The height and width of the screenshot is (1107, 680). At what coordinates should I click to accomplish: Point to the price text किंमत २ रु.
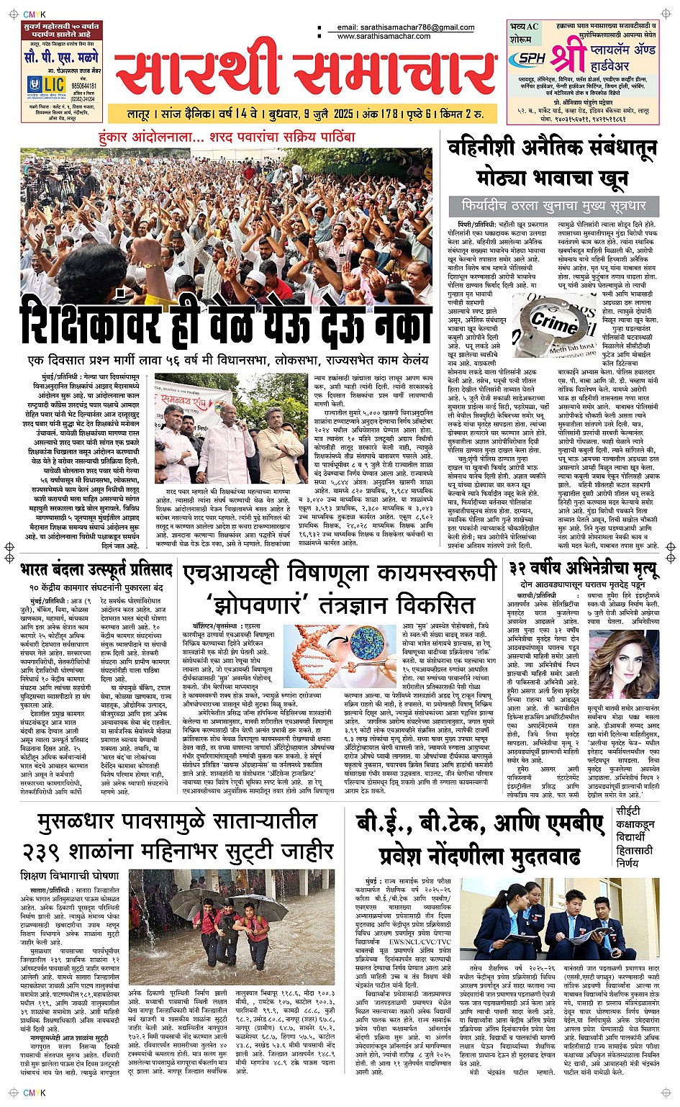pyautogui.click(x=461, y=114)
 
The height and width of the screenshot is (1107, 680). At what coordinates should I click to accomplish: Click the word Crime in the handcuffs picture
pyautogui.click(x=555, y=322)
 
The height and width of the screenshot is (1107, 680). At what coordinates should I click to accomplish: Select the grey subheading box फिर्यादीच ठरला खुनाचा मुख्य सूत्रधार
pyautogui.click(x=553, y=206)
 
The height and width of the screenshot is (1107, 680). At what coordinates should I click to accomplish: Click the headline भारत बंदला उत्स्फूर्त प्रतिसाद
pyautogui.click(x=96, y=570)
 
